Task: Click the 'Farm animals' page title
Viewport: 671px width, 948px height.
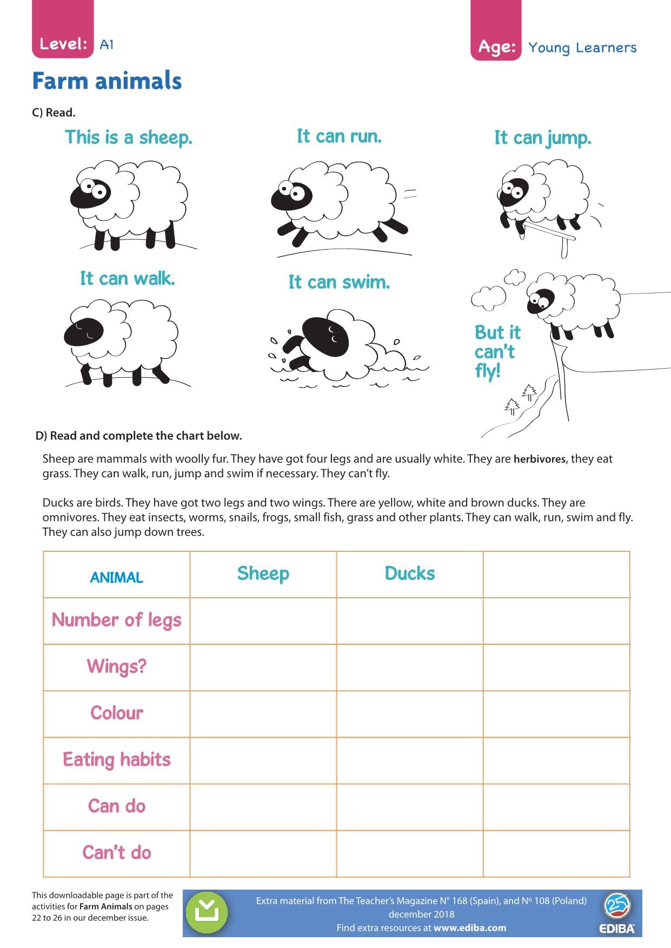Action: tap(107, 81)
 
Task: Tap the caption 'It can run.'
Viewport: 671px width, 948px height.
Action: tap(339, 136)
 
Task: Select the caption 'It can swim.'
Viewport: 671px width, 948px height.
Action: tap(339, 282)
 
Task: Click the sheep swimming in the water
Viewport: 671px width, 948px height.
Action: tap(335, 346)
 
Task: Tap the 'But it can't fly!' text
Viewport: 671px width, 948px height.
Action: tap(496, 352)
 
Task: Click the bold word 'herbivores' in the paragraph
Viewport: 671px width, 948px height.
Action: tap(539, 459)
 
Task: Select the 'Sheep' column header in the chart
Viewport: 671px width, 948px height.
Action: tap(263, 573)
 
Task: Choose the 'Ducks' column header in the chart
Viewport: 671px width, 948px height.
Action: tap(409, 573)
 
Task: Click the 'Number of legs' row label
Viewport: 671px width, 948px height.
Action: tap(116, 620)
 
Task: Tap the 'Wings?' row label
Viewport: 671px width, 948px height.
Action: tap(116, 666)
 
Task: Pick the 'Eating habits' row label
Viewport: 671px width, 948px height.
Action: tap(116, 759)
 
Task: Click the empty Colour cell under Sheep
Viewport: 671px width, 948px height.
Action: tap(263, 713)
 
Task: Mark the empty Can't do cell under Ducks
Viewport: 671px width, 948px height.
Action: tap(409, 853)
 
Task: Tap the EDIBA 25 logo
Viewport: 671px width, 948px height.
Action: tap(616, 913)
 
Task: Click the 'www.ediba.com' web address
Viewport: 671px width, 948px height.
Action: tap(470, 928)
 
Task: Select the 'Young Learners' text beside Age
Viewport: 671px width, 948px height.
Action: tap(582, 48)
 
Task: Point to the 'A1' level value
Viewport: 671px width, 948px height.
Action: tap(107, 44)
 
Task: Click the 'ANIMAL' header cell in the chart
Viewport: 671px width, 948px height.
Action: tap(116, 577)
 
